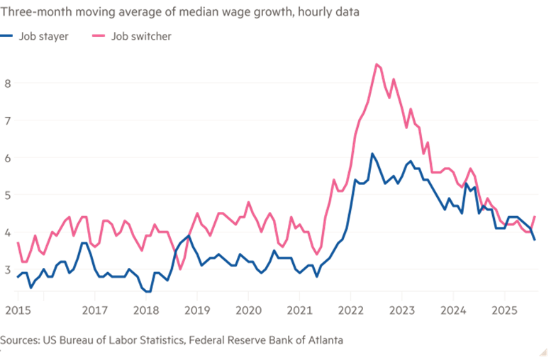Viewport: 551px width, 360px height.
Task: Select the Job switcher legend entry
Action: [x=140, y=36]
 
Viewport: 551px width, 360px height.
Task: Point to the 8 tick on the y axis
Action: [x=9, y=83]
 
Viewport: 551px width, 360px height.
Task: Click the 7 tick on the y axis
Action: [x=9, y=120]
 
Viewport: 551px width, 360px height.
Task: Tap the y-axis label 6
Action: [x=9, y=157]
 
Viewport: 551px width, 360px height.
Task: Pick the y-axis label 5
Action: [x=9, y=195]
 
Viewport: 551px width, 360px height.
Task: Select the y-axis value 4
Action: [x=9, y=232]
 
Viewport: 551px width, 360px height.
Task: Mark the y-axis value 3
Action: [x=9, y=269]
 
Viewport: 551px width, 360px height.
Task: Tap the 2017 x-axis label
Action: [x=94, y=310]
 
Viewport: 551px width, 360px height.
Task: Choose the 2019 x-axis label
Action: [x=196, y=310]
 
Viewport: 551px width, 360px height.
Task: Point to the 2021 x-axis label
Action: [x=299, y=310]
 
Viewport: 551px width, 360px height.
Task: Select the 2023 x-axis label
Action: [x=402, y=310]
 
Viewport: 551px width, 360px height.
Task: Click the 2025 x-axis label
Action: [x=504, y=310]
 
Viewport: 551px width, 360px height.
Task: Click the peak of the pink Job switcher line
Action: [x=377, y=64]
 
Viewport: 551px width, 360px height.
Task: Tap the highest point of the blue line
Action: [x=372, y=153]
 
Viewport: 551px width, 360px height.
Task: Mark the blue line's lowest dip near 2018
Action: [x=148, y=291]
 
